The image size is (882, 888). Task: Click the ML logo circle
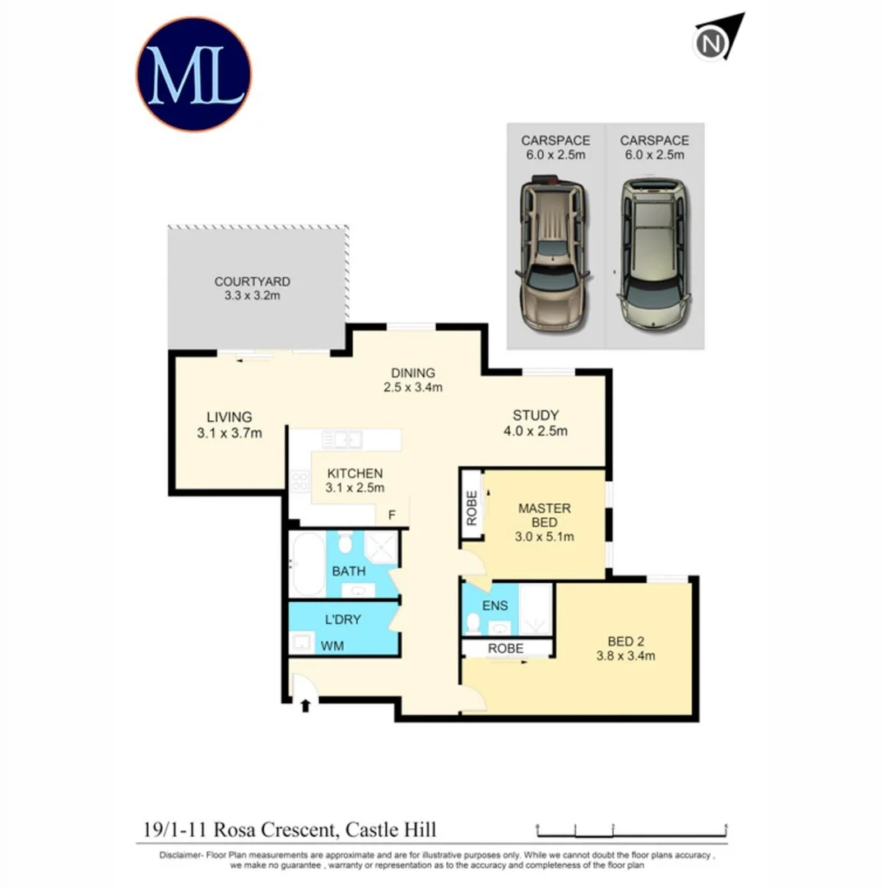[x=193, y=74]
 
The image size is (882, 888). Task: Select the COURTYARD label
[x=252, y=281]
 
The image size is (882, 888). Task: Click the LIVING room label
[x=229, y=417]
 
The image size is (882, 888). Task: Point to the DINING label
[x=413, y=372]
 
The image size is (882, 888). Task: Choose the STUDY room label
[x=536, y=415]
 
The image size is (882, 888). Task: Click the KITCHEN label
[x=355, y=474]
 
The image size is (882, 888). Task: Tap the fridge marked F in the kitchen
[x=392, y=516]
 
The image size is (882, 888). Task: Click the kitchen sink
[x=343, y=439]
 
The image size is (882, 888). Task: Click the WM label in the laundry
[x=332, y=645]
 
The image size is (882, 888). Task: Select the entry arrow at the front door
[x=306, y=705]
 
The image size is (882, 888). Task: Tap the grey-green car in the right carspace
[x=654, y=253]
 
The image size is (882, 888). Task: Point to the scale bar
[x=631, y=828]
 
